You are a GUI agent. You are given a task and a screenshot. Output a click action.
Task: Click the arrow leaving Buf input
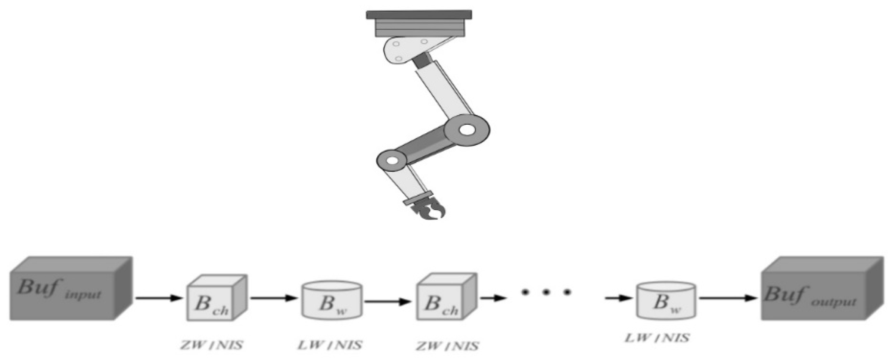(x=159, y=298)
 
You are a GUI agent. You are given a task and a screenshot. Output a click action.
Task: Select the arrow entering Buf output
(x=728, y=298)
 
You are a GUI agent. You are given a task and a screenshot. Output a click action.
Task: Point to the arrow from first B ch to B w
(x=274, y=298)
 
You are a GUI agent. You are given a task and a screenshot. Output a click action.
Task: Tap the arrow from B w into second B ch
(x=388, y=301)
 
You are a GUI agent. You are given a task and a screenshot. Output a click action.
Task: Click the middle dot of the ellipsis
(x=546, y=292)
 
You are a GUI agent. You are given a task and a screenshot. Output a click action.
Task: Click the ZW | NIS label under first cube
(x=212, y=345)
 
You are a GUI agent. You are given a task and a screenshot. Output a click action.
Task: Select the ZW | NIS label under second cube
(x=447, y=346)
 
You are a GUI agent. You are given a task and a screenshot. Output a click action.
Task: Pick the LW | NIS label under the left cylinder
(x=330, y=345)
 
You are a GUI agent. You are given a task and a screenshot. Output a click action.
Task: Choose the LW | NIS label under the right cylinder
(x=657, y=338)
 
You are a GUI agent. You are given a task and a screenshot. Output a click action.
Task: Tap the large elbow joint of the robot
(x=467, y=130)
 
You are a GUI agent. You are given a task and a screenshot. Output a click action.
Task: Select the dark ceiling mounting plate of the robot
(x=419, y=15)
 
